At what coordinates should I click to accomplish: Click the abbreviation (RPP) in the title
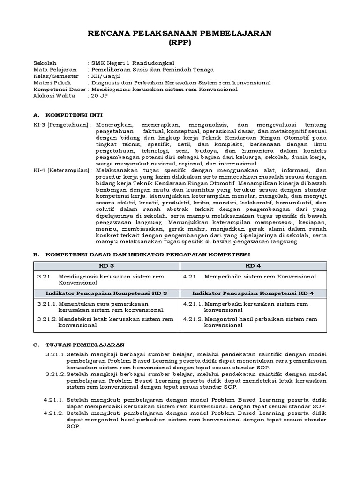tap(180, 42)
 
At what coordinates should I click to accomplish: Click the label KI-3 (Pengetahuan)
tap(61, 125)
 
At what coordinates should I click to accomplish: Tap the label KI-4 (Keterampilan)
tap(61, 171)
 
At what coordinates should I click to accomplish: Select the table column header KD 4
tap(253, 266)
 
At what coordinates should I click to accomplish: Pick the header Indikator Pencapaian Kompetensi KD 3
tap(106, 293)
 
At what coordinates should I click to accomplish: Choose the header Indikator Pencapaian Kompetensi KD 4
tap(253, 293)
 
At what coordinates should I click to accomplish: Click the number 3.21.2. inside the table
tap(47, 319)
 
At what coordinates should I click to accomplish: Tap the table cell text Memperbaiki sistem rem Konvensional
tap(260, 277)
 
